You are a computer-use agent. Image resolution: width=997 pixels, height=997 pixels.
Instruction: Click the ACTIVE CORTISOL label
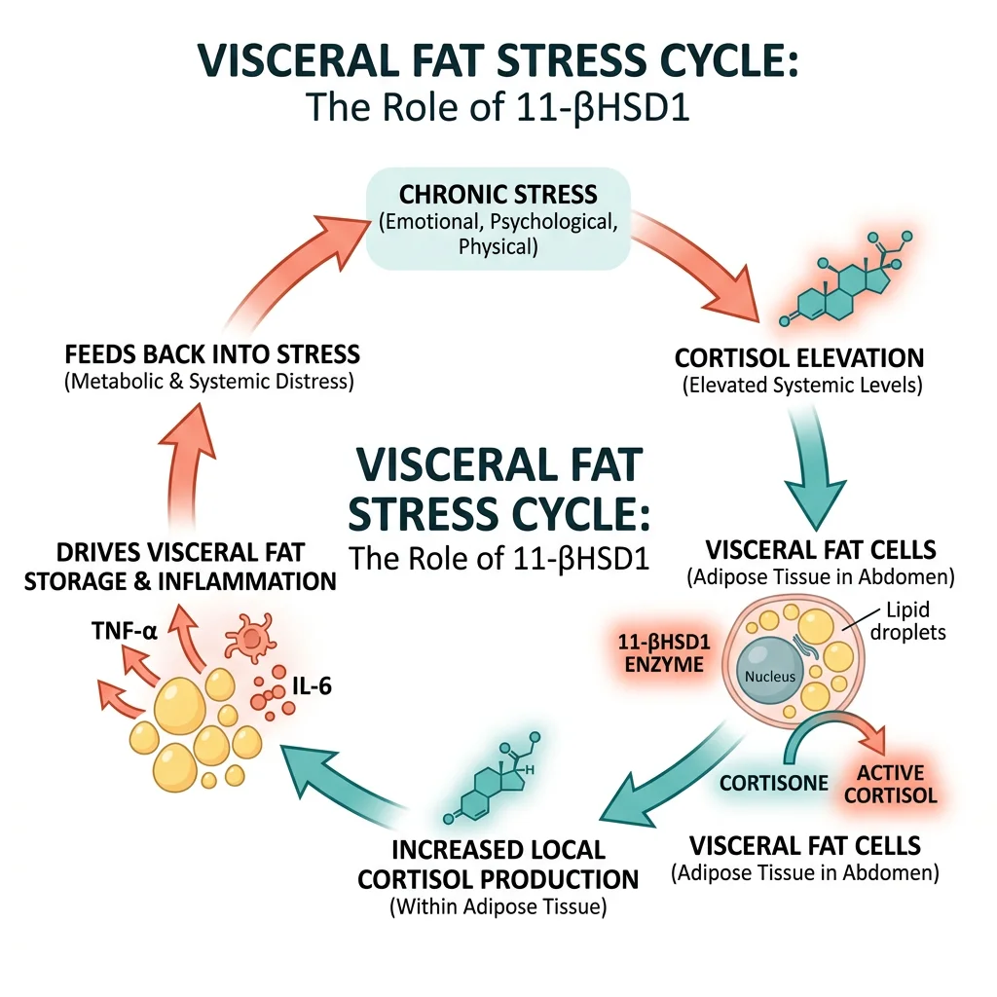[897, 784]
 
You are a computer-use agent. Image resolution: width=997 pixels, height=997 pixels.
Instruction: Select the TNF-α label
[125, 631]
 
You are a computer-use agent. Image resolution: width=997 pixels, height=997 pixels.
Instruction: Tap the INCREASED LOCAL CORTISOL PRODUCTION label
[498, 863]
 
